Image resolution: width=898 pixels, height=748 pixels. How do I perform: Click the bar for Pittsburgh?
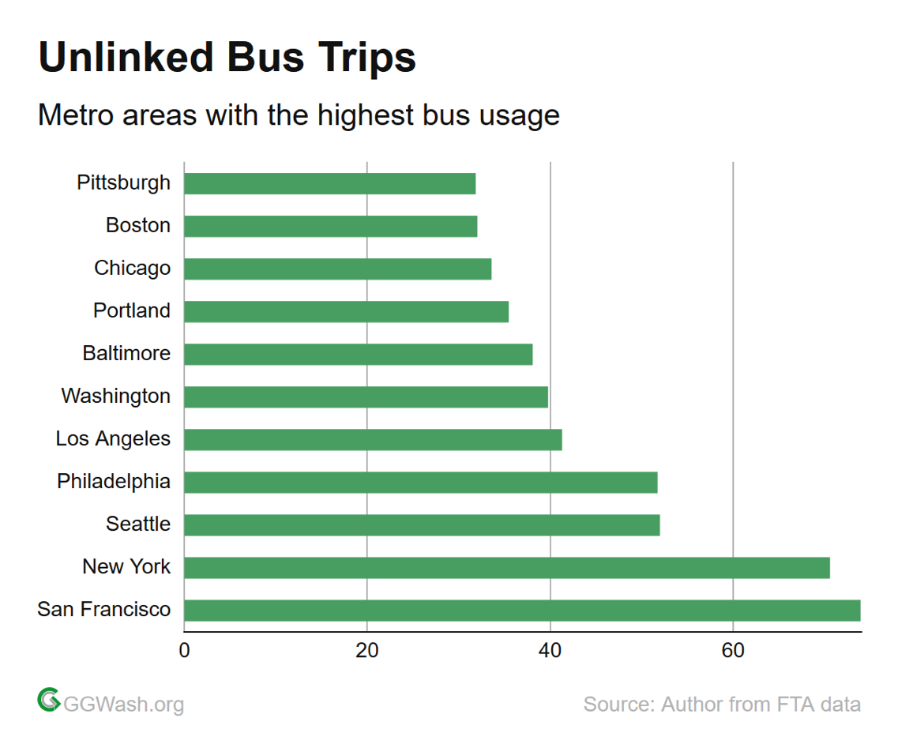pyautogui.click(x=329, y=183)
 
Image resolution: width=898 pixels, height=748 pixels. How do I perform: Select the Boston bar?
pyautogui.click(x=330, y=226)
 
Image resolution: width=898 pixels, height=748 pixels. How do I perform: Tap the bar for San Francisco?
pyautogui.click(x=521, y=611)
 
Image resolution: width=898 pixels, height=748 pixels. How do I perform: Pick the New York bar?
pyautogui.click(x=506, y=568)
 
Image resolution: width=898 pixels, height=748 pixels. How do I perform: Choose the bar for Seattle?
pyautogui.click(x=422, y=525)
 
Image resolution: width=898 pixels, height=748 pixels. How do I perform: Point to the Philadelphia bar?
pyautogui.click(x=420, y=483)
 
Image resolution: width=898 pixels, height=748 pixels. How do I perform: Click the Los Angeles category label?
pyautogui.click(x=113, y=439)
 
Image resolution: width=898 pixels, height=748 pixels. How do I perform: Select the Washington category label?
pyautogui.click(x=116, y=396)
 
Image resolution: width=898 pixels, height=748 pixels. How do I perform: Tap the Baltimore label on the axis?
pyautogui.click(x=126, y=353)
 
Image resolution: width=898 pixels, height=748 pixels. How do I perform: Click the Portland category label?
pyautogui.click(x=132, y=310)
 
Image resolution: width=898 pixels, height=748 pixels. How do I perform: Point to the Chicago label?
pyautogui.click(x=133, y=268)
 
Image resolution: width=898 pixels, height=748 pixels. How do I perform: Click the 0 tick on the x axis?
pyautogui.click(x=184, y=650)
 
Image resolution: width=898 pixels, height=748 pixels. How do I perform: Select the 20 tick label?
pyautogui.click(x=367, y=650)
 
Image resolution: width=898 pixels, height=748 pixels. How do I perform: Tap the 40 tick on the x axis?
pyautogui.click(x=550, y=650)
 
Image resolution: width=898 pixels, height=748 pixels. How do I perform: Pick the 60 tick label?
pyautogui.click(x=733, y=650)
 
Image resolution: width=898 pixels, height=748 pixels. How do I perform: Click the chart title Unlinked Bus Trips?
pyautogui.click(x=227, y=58)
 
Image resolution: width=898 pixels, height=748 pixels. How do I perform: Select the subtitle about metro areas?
pyautogui.click(x=299, y=115)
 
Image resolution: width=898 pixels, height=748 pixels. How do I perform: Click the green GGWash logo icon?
pyautogui.click(x=49, y=700)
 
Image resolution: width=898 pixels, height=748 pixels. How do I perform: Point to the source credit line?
pyautogui.click(x=722, y=704)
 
